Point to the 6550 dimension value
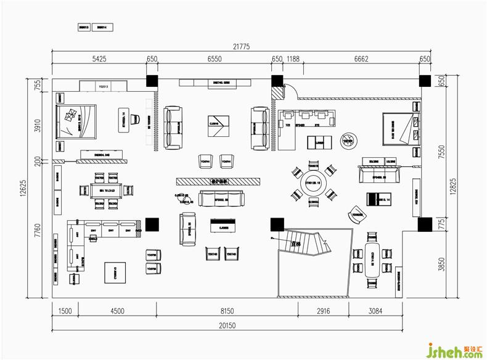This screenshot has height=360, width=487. pos(215,59)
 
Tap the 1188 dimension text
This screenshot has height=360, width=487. pos(293,59)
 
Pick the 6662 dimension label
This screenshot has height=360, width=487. pos(362,59)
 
